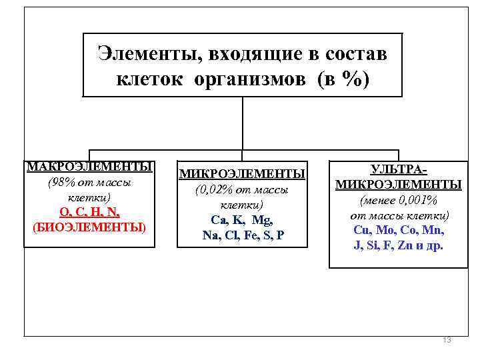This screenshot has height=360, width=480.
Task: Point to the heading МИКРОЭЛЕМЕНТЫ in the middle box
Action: coord(243,174)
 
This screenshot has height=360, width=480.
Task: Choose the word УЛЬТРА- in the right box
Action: coord(399,170)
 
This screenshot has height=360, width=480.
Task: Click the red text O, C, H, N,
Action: coord(89,213)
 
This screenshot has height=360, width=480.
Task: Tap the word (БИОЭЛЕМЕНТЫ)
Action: coord(89,227)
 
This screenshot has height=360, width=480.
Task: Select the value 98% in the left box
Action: coord(63,182)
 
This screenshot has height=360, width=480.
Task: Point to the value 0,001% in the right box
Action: coord(417,200)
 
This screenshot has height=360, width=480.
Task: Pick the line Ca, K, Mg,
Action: coord(242,219)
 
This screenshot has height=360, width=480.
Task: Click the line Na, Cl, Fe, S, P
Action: coord(243,234)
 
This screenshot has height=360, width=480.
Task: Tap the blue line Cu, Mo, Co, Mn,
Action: coord(399,230)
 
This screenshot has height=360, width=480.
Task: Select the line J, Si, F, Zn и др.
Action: coord(399,245)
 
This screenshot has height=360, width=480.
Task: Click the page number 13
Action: coord(447,340)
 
